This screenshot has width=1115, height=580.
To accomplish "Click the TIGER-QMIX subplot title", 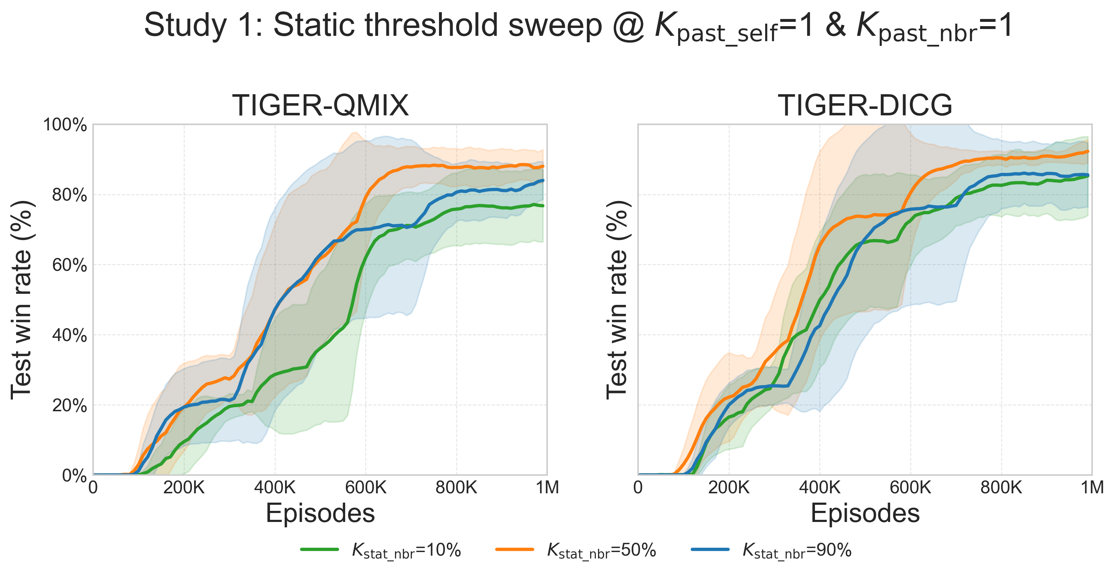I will [320, 105].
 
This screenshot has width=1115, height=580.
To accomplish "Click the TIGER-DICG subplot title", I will [865, 105].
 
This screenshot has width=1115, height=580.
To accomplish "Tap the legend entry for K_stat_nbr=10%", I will [381, 551].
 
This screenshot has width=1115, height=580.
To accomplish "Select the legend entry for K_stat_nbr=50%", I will [576, 551].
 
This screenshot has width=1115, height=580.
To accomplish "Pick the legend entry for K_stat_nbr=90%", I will [772, 551].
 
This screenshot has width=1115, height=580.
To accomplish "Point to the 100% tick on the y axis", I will [65, 125].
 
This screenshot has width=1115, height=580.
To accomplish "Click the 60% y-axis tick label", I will [69, 265].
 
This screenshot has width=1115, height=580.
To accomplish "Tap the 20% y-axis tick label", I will [69, 406].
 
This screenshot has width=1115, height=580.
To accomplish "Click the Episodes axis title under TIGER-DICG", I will [865, 514].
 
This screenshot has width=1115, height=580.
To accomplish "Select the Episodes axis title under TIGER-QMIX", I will [320, 514].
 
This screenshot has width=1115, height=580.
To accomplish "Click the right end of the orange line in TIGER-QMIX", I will [543, 166].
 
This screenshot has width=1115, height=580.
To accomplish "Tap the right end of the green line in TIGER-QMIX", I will [543, 206].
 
